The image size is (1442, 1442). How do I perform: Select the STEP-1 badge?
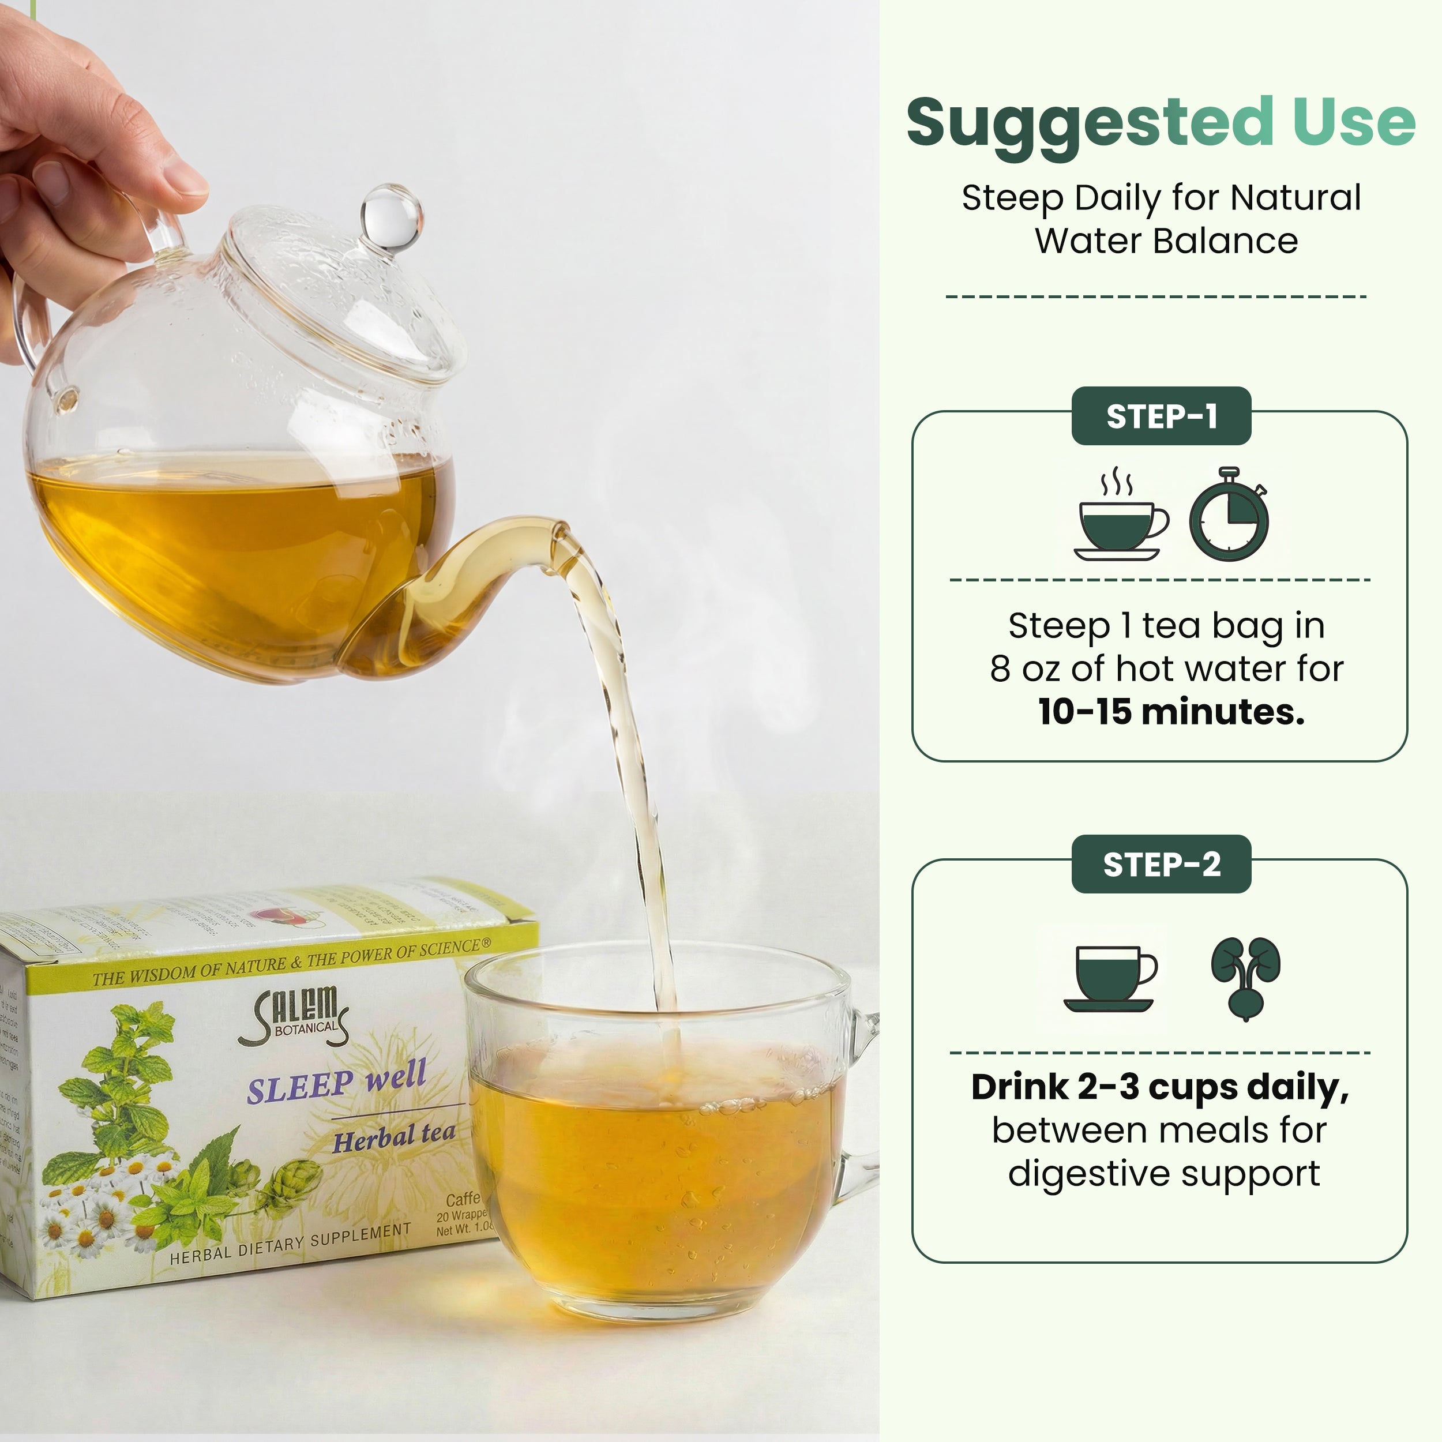click(x=1161, y=416)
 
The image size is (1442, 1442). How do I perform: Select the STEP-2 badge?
click(x=1161, y=863)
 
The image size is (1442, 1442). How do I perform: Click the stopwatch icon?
click(x=1228, y=516)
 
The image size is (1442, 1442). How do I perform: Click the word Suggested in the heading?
click(x=1090, y=123)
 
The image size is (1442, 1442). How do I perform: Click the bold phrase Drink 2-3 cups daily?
click(x=1159, y=1087)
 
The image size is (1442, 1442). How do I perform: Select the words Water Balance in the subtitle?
click(x=1166, y=241)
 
